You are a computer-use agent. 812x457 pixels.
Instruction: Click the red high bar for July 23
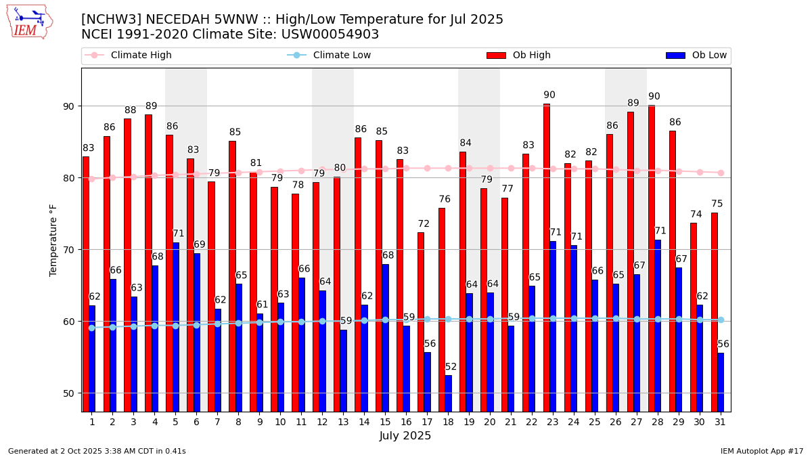coord(546,257)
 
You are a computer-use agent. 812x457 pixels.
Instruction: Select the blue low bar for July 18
coord(448,393)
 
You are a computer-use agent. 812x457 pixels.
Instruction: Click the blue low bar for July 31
coord(721,382)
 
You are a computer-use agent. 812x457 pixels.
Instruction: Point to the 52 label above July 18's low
coord(451,367)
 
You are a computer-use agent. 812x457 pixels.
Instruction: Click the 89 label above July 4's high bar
coord(151,106)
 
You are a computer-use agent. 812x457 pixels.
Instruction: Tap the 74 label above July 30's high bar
coord(696,215)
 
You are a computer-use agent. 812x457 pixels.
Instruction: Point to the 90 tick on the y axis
coord(70,106)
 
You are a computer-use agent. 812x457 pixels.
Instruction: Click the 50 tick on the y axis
coord(70,393)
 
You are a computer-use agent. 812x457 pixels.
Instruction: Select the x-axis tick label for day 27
coord(637,422)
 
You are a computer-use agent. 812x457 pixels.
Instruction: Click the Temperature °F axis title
coord(53,240)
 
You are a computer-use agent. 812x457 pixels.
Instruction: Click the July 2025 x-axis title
coord(405,436)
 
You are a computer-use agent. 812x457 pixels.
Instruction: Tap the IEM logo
coord(29,22)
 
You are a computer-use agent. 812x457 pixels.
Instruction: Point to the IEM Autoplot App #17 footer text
coord(762,451)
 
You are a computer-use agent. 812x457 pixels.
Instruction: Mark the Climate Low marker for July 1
coord(91,328)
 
